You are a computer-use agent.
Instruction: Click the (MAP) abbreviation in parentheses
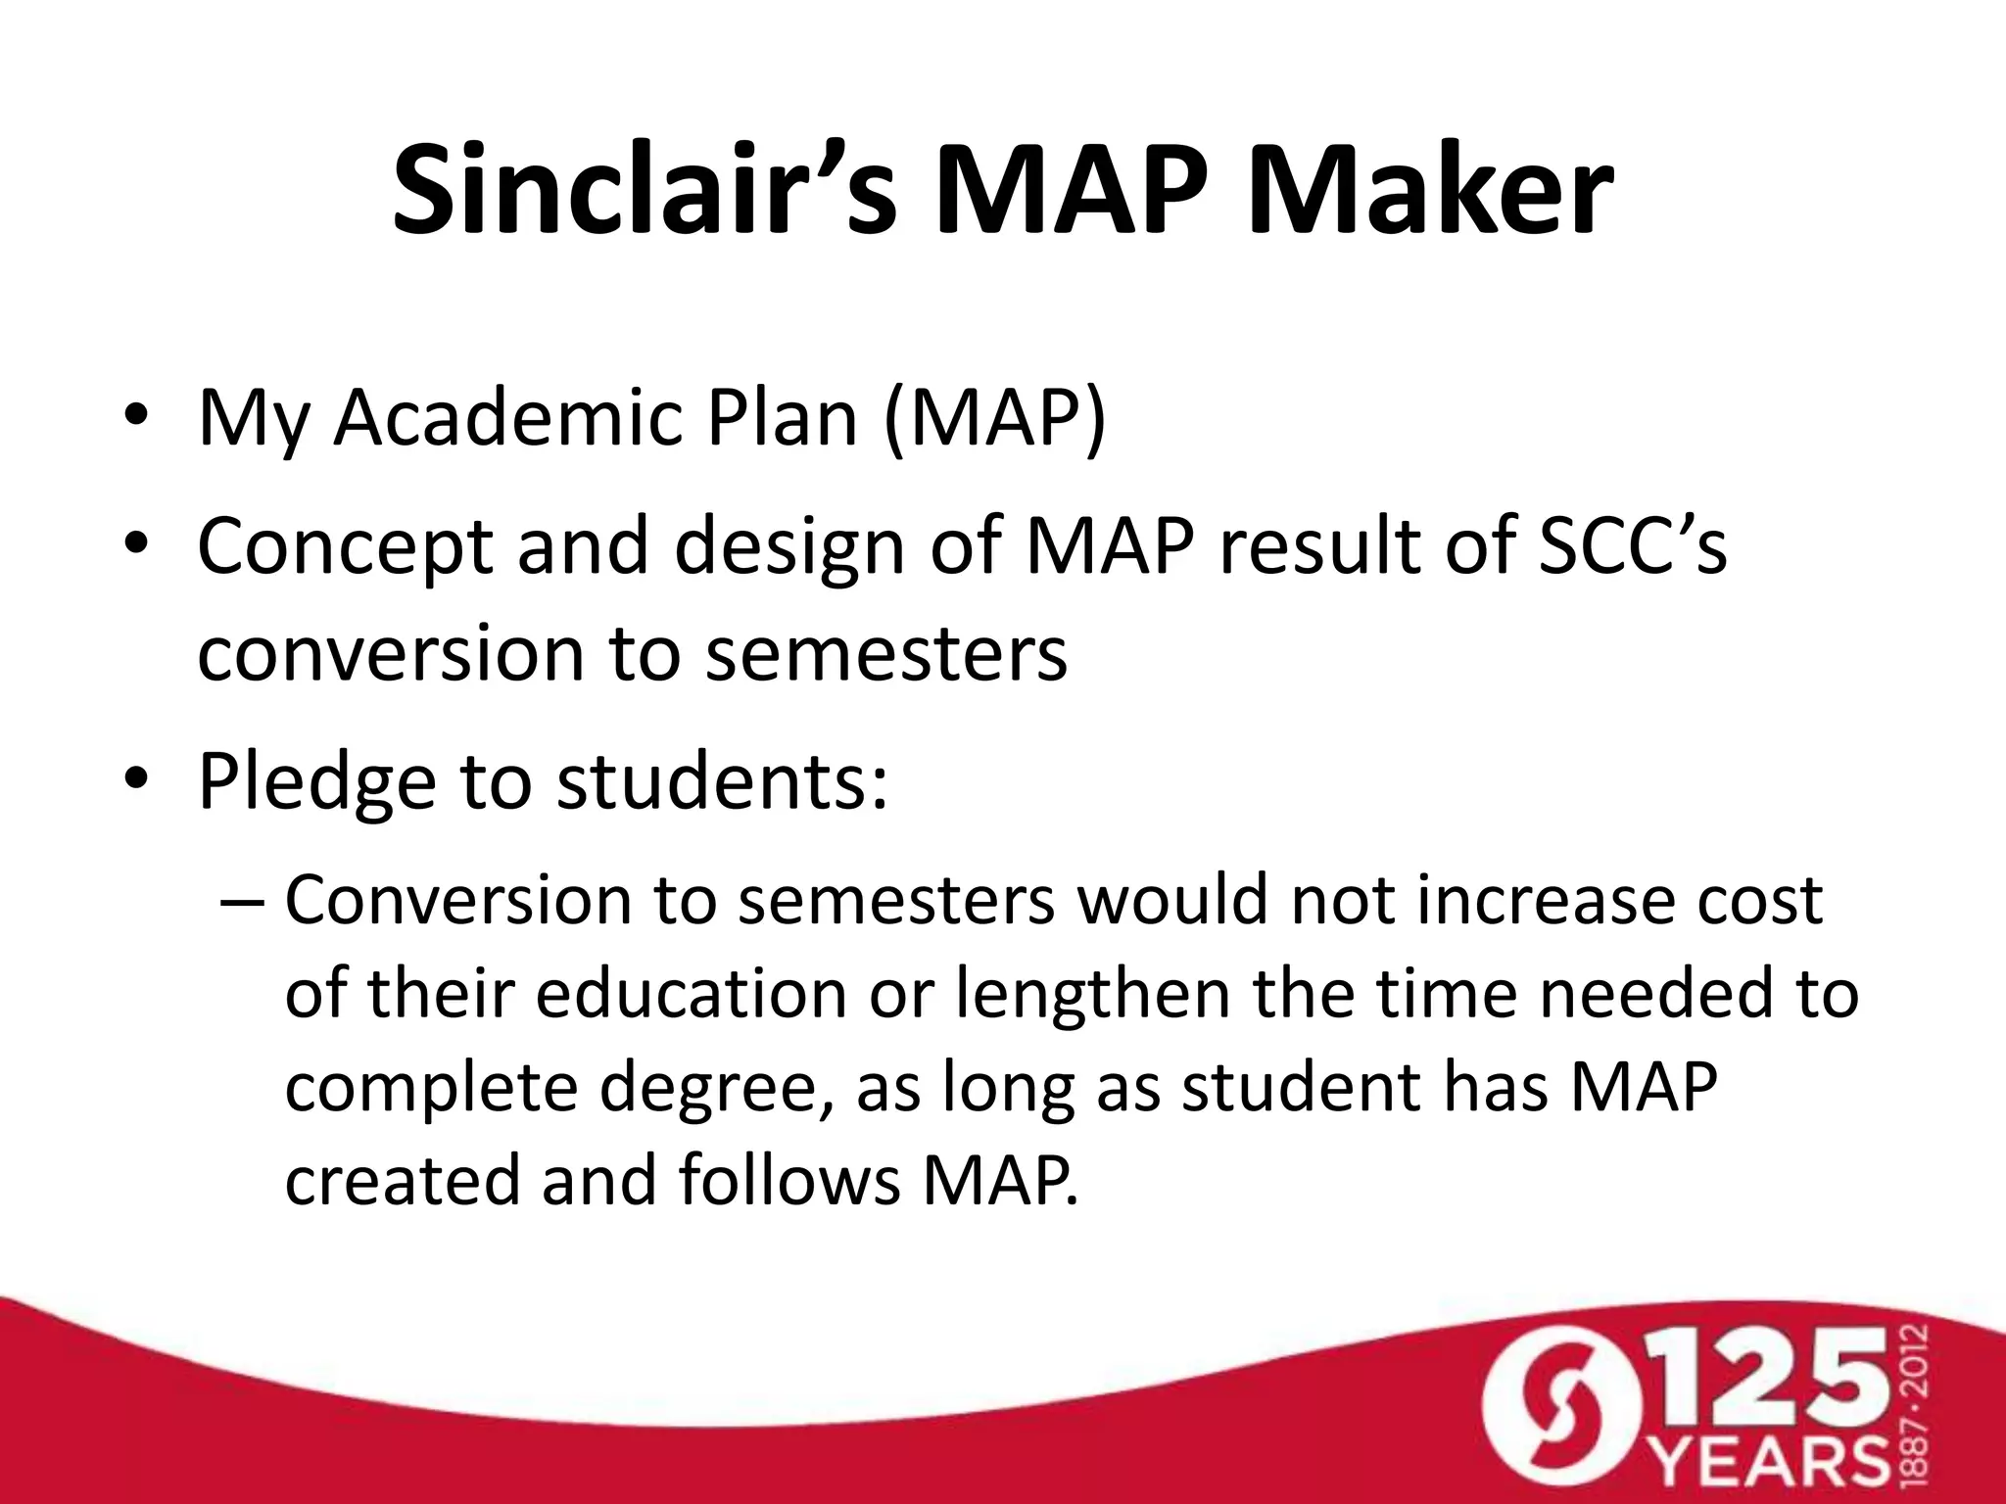point(994,419)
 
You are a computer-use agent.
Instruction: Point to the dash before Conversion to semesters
point(243,901)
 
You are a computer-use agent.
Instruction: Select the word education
point(691,993)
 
